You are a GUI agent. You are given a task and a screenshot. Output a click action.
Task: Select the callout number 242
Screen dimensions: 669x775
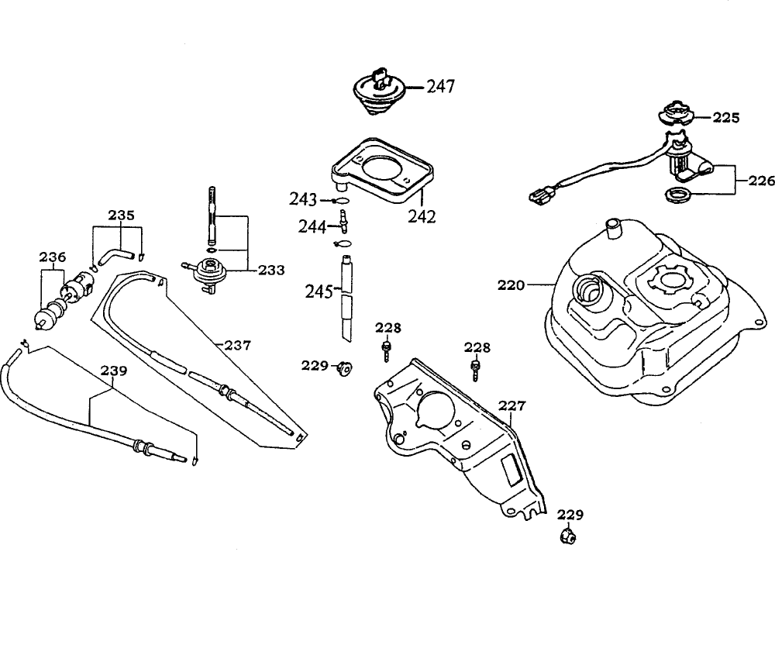(422, 216)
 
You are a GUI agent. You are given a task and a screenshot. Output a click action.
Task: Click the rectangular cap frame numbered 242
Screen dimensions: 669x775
(380, 171)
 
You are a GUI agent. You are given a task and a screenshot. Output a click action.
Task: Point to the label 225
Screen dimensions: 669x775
(726, 119)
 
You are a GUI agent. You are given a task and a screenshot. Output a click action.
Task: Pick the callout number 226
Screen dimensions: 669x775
(762, 181)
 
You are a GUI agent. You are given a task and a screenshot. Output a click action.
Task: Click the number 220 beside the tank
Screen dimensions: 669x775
(511, 285)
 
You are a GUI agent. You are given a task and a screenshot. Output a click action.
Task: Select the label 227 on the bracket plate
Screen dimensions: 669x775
(511, 405)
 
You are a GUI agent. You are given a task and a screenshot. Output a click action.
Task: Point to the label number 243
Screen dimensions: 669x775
(303, 200)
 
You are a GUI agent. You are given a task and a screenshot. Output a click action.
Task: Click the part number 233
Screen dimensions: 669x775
(271, 271)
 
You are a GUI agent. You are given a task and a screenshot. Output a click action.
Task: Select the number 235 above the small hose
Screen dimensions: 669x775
(120, 215)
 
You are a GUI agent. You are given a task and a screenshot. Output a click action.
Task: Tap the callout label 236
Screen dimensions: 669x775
(52, 257)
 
